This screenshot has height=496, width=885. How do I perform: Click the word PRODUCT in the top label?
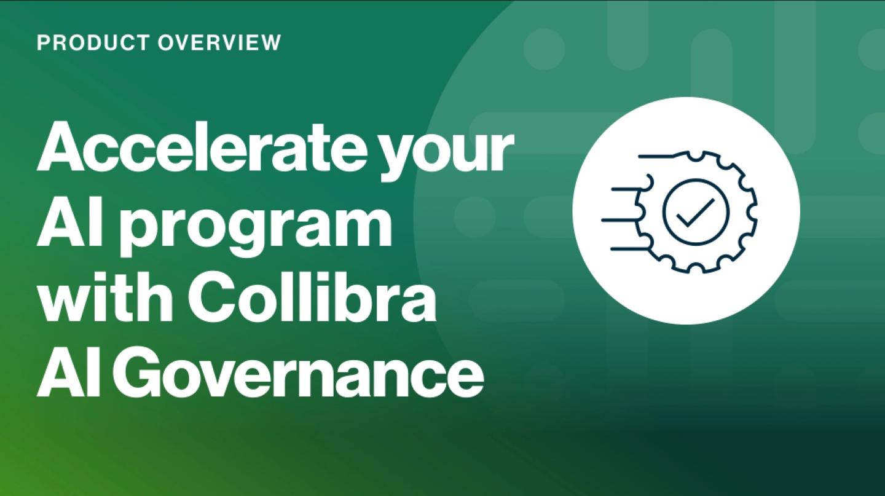[x=93, y=42]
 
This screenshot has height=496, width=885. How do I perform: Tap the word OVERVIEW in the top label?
[x=219, y=42]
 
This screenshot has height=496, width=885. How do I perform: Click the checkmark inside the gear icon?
[x=695, y=212]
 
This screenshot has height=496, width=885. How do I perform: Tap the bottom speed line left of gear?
[x=630, y=249]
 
